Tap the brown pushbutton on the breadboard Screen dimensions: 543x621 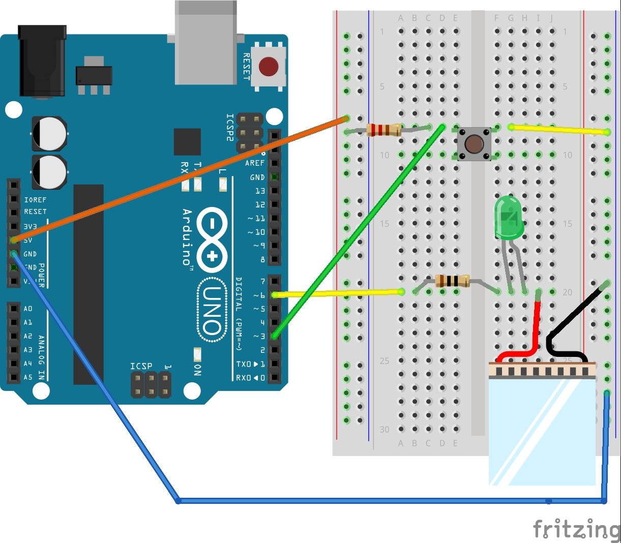coord(474,144)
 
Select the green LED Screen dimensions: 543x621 coord(509,218)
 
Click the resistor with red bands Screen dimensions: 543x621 coord(384,130)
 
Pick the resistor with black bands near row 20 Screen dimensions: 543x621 coord(453,281)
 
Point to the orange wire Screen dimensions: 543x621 coord(178,179)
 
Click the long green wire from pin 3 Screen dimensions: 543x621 coord(356,234)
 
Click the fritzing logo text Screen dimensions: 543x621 coord(576,530)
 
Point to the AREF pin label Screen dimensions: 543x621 coord(254,163)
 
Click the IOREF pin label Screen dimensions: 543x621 coord(35,200)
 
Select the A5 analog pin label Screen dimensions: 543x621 coord(27,377)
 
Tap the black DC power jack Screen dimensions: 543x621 coord(42,61)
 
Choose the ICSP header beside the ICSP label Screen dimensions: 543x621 coord(151,384)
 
